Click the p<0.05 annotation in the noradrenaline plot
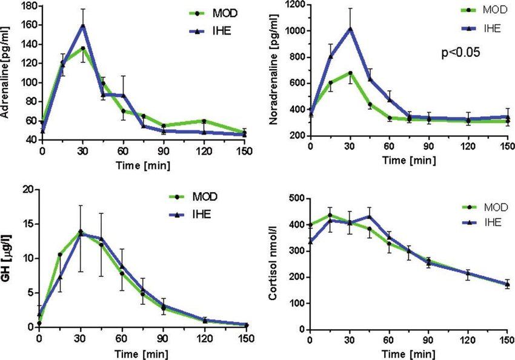pyautogui.click(x=460, y=52)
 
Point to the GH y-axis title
pyautogui.click(x=8, y=260)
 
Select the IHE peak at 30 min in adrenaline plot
pyautogui.click(x=82, y=25)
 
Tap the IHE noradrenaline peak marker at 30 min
pyautogui.click(x=350, y=28)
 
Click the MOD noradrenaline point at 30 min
pyautogui.click(x=350, y=73)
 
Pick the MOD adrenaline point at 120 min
pyautogui.click(x=204, y=121)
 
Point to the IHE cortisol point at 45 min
pyautogui.click(x=370, y=216)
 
